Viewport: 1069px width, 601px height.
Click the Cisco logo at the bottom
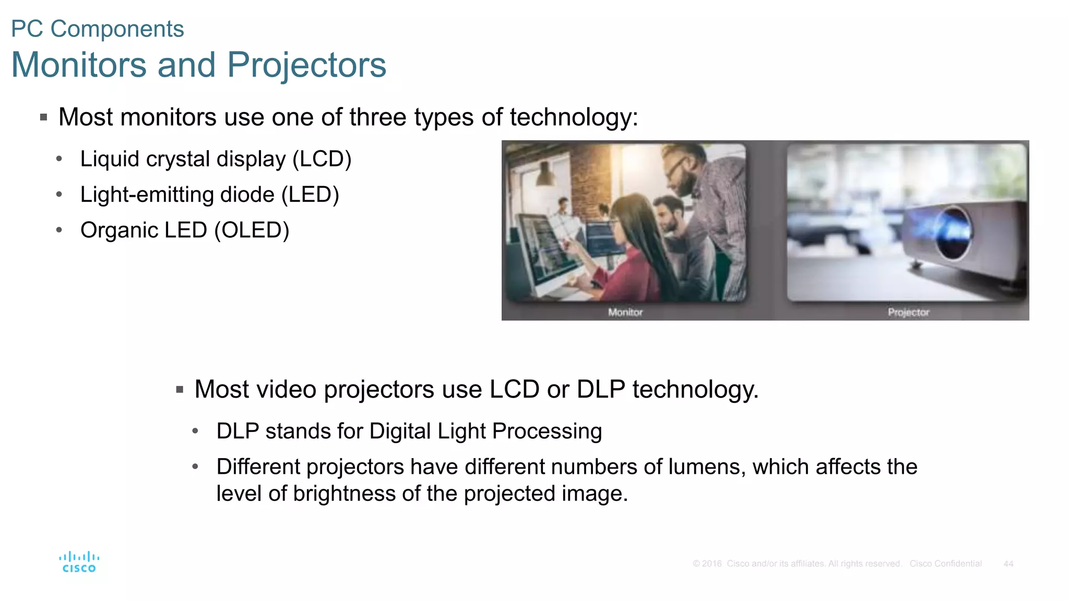(79, 562)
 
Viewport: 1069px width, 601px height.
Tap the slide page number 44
(1008, 564)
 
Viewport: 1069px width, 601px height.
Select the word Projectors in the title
(306, 65)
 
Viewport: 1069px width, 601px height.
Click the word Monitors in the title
(79, 65)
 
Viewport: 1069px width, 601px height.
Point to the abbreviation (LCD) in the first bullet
(322, 159)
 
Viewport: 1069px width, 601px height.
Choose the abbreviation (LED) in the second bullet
(310, 195)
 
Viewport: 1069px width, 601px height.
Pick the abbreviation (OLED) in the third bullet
(252, 230)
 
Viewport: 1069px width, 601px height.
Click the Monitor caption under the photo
(625, 312)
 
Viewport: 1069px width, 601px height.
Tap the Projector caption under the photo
(908, 312)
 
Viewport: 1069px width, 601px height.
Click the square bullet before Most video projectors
(180, 390)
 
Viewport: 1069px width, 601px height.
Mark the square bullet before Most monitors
(44, 117)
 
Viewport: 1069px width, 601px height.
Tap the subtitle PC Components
(98, 29)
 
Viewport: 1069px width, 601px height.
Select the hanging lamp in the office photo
(544, 174)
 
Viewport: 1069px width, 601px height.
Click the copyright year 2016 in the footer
(711, 564)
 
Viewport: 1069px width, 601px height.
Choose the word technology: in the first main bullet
(574, 117)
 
